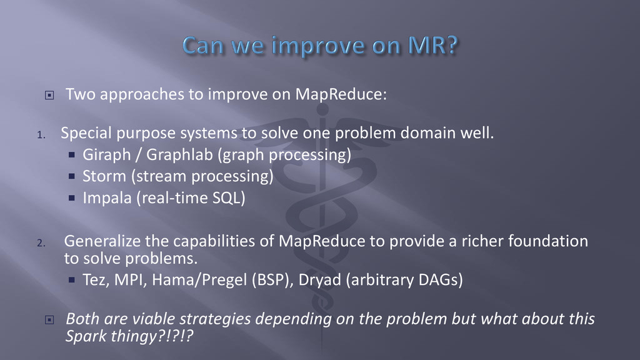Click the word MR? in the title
tap(432, 45)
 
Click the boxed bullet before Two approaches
tap(49, 95)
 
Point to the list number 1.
tap(41, 135)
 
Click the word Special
tap(86, 134)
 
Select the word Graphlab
tap(179, 155)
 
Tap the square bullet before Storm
tap(72, 176)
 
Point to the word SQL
tap(229, 198)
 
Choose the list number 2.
tap(41, 243)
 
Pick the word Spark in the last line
tap(85, 336)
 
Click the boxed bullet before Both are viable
tap(49, 319)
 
